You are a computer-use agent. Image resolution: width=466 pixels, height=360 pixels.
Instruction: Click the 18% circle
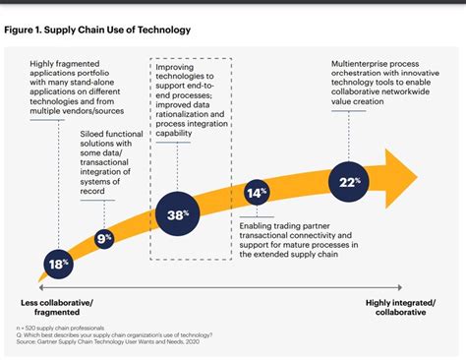click(58, 263)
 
